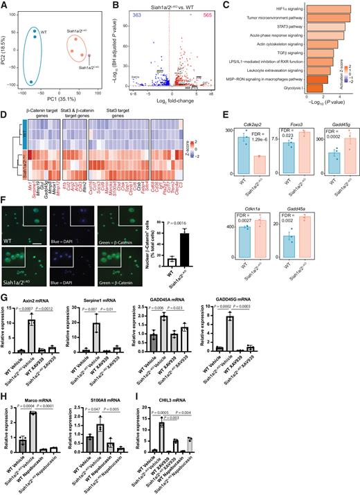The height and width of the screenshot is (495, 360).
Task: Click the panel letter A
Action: click(x=5, y=5)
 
